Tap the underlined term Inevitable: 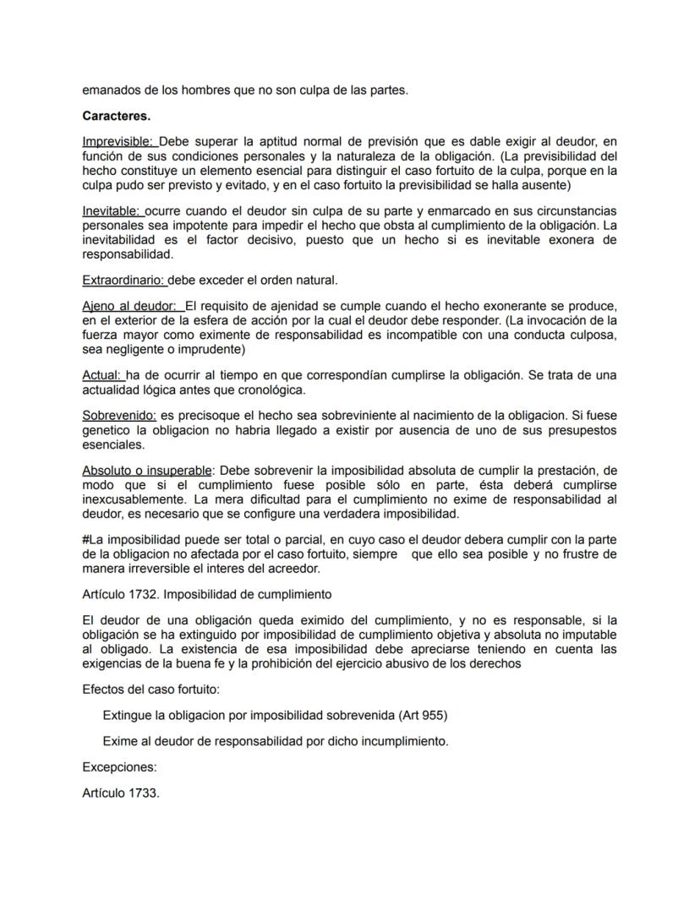(112, 210)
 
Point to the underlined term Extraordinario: (124, 280)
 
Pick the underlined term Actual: (101, 374)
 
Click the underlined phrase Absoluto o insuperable (147, 470)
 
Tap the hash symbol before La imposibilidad (85, 540)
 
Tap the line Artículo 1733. (121, 794)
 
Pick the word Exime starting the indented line (119, 742)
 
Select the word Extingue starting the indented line (127, 715)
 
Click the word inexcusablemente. (130, 499)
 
